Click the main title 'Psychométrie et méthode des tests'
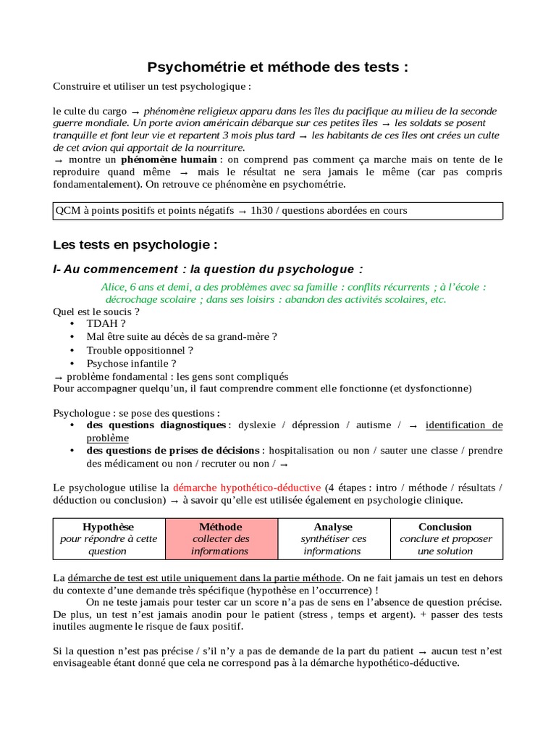(x=277, y=67)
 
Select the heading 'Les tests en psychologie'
(x=135, y=244)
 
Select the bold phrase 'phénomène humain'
(x=169, y=159)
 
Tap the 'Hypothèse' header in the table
(x=109, y=527)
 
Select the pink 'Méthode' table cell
(x=221, y=538)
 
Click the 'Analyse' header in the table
(x=333, y=527)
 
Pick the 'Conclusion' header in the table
(x=445, y=527)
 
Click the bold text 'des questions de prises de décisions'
(x=173, y=451)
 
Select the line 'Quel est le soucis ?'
(x=96, y=312)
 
